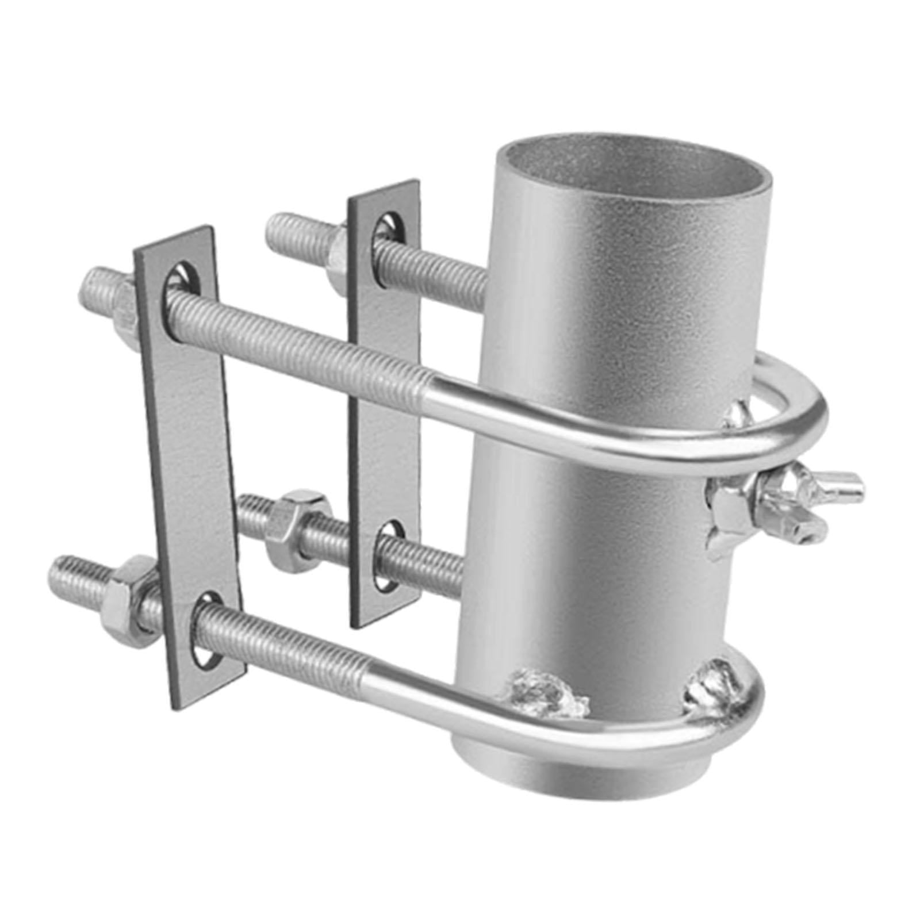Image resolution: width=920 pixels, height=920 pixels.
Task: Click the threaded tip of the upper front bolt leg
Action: coord(95,286)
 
